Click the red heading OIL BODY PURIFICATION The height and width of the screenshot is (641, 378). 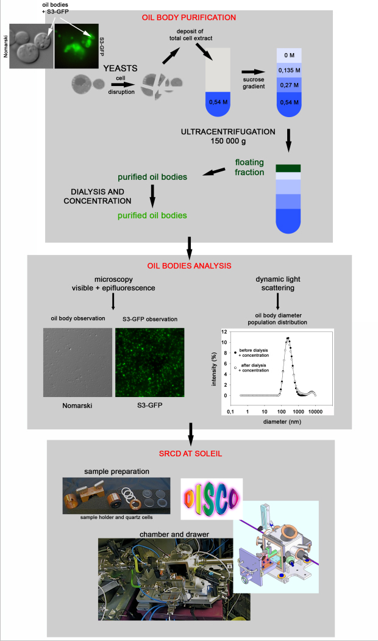click(189, 18)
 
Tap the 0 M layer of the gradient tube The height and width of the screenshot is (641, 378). click(289, 55)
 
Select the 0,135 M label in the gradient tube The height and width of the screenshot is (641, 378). click(289, 70)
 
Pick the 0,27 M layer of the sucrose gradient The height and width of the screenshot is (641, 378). click(289, 85)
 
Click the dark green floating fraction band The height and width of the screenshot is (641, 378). click(288, 168)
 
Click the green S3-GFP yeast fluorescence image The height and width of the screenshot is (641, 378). click(76, 46)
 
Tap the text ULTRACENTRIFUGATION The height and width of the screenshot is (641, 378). click(228, 132)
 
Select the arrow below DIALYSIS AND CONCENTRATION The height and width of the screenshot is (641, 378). click(152, 196)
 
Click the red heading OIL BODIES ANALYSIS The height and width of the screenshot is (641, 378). click(189, 266)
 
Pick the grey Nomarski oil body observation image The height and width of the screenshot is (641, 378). click(77, 362)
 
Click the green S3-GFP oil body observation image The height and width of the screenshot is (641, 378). click(149, 362)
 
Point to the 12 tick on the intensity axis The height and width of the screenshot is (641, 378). click(224, 332)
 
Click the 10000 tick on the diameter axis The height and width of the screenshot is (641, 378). click(315, 412)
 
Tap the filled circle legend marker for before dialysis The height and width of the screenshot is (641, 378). click(235, 353)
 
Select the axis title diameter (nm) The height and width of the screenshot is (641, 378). click(282, 421)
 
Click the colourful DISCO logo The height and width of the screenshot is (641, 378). click(212, 499)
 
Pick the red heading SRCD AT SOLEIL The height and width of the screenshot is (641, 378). click(190, 454)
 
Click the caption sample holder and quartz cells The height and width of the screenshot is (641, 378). click(116, 517)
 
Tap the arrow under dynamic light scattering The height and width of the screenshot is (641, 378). click(277, 301)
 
